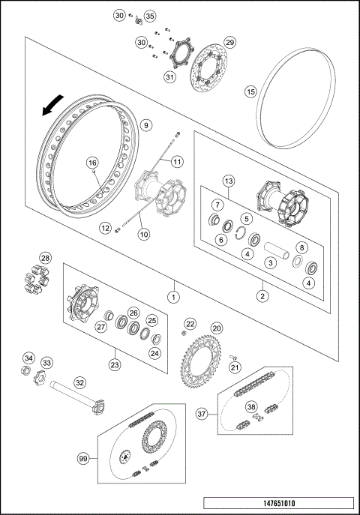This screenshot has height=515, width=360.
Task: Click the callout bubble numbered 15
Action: (251, 91)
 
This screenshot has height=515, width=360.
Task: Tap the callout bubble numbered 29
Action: (230, 42)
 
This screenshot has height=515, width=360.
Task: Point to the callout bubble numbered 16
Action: (92, 162)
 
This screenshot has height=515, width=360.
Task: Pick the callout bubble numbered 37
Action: (202, 413)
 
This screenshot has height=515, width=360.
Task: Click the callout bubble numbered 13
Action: (229, 181)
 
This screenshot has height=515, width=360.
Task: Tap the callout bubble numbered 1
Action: (173, 296)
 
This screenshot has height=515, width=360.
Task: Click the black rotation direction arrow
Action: (50, 109)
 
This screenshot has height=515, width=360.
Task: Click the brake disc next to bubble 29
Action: (203, 73)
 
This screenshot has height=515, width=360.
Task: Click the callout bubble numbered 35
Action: (149, 16)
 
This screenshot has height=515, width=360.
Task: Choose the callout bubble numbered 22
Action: (190, 323)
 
